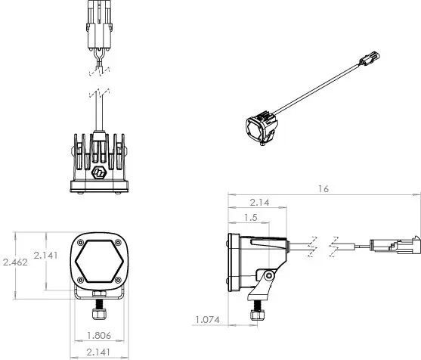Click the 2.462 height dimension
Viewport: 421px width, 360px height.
click(16, 262)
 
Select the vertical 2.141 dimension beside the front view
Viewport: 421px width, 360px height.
click(45, 255)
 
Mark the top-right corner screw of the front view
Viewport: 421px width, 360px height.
click(118, 240)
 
